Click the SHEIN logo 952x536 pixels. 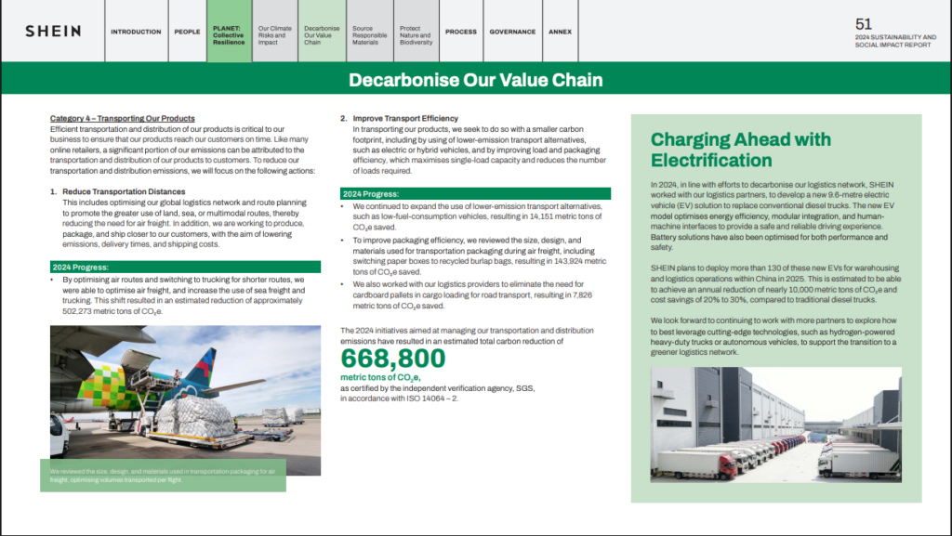(x=53, y=32)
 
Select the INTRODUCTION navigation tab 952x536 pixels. (x=136, y=32)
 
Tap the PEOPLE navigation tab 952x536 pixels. (x=187, y=32)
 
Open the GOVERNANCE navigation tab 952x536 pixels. (x=512, y=32)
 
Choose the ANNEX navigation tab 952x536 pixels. (x=560, y=32)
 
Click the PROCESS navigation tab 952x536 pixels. (x=460, y=32)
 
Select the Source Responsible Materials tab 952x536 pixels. (x=368, y=35)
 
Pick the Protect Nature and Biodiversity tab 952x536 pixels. (x=416, y=35)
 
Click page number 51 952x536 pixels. (x=864, y=24)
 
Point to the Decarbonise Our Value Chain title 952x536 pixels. (x=475, y=80)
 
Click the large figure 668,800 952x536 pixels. (x=393, y=359)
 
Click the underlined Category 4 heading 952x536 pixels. (x=122, y=119)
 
